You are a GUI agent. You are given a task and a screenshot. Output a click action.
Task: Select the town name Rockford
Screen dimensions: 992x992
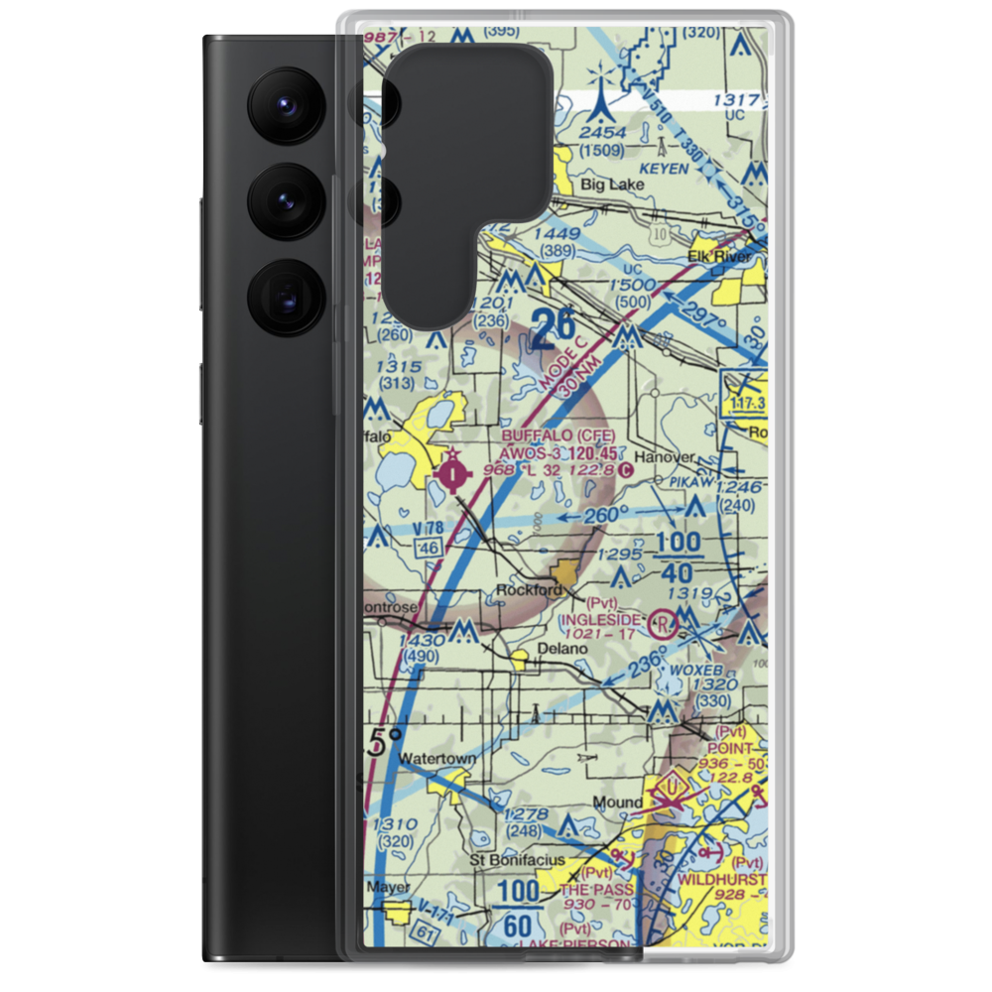529,590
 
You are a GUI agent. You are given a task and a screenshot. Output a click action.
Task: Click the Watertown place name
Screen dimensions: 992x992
437,759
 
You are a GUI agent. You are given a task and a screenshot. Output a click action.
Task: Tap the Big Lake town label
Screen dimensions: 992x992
606,184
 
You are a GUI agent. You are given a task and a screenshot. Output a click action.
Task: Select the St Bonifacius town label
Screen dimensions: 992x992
518,859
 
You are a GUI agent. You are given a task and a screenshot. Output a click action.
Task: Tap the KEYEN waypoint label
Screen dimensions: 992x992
664,170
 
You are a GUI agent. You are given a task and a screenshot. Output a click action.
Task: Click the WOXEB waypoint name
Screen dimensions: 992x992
692,670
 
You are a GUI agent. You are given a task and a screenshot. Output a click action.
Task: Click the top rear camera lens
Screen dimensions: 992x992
287,104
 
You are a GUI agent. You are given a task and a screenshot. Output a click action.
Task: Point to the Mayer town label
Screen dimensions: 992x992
387,887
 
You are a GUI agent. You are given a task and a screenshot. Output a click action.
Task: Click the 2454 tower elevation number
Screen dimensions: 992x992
604,133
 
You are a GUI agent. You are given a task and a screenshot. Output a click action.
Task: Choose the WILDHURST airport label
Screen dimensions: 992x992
722,880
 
